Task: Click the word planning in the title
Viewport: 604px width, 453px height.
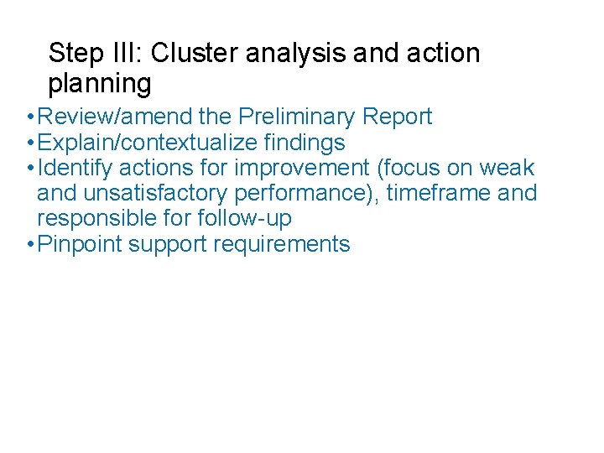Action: (x=100, y=84)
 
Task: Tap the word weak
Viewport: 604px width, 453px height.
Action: (x=507, y=168)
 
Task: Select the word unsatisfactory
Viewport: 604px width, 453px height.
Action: (x=157, y=194)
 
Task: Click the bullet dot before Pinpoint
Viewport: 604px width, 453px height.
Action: (x=30, y=245)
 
